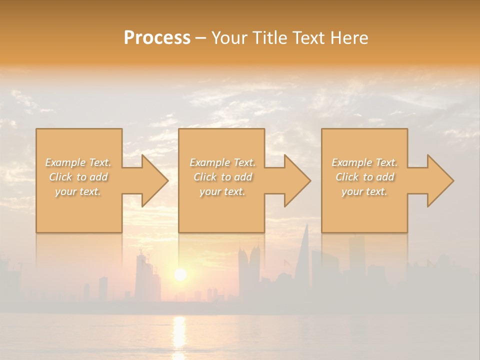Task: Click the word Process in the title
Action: (x=157, y=38)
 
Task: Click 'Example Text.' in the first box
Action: (x=78, y=162)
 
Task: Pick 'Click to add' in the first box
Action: (x=78, y=177)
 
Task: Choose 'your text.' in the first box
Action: (x=78, y=191)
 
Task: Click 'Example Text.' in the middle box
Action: (x=222, y=162)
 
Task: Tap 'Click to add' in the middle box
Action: (x=222, y=177)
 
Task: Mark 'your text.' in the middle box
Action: (x=222, y=191)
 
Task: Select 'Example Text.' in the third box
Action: (x=364, y=162)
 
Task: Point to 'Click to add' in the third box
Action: (x=364, y=177)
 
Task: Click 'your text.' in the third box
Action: (x=364, y=191)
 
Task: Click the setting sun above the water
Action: (x=180, y=274)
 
